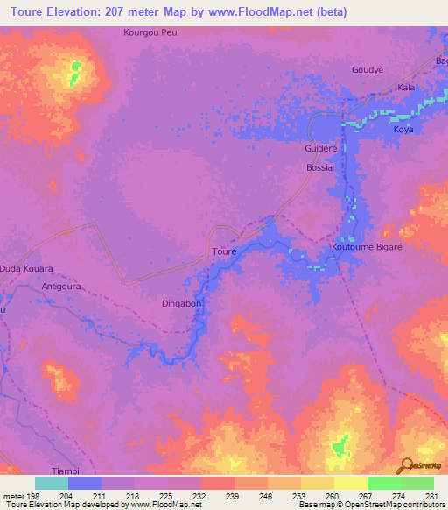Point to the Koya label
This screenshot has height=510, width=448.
point(402,130)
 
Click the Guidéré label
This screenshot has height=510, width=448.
point(320,149)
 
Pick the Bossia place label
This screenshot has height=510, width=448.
point(318,167)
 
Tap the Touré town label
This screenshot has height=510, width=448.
point(225,251)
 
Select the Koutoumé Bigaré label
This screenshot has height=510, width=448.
point(367,247)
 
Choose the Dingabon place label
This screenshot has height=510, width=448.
point(182,304)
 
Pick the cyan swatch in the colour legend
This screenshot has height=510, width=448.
point(52,483)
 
